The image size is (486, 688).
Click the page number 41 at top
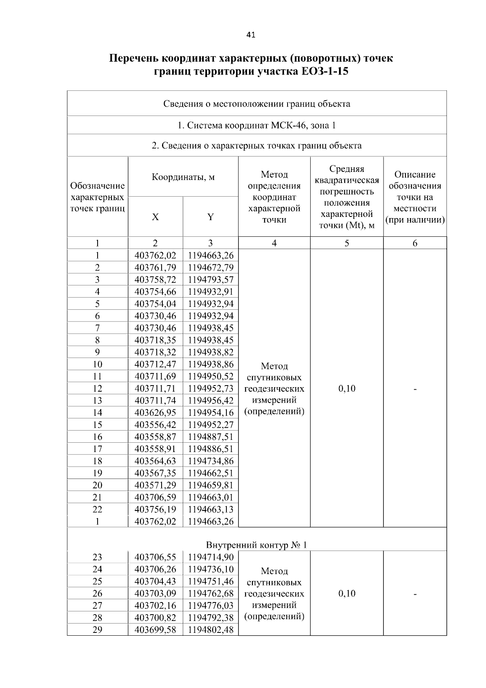(x=251, y=35)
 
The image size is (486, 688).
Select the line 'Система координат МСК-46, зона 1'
(x=257, y=125)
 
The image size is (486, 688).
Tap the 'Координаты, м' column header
(x=183, y=177)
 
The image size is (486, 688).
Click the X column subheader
(x=156, y=217)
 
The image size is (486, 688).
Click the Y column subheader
(x=211, y=217)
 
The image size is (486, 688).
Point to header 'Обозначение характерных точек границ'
(x=98, y=197)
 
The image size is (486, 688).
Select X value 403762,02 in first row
(x=156, y=255)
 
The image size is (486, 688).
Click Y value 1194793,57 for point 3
(x=211, y=280)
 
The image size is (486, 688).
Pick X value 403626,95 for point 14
(x=156, y=413)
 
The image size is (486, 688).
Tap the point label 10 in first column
(x=98, y=364)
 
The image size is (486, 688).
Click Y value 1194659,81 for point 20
(x=211, y=485)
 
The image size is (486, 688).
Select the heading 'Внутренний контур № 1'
(x=257, y=545)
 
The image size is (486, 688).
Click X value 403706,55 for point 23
(x=156, y=557)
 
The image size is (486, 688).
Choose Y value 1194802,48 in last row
(x=211, y=630)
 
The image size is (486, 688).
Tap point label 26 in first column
(x=98, y=594)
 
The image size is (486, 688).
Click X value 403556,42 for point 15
(x=156, y=425)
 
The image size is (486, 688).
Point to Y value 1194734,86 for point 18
(x=211, y=461)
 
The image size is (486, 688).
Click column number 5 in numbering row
(x=347, y=243)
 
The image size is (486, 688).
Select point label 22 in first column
(x=98, y=510)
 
